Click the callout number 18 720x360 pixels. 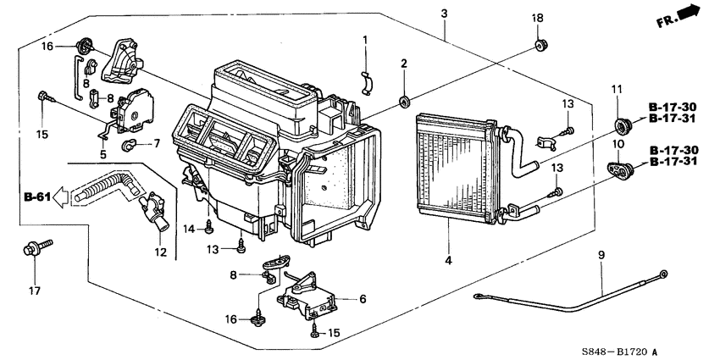[x=536, y=19]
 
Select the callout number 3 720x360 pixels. [x=444, y=13]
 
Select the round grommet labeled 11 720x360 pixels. [x=624, y=126]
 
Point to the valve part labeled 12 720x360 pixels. [x=152, y=207]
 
